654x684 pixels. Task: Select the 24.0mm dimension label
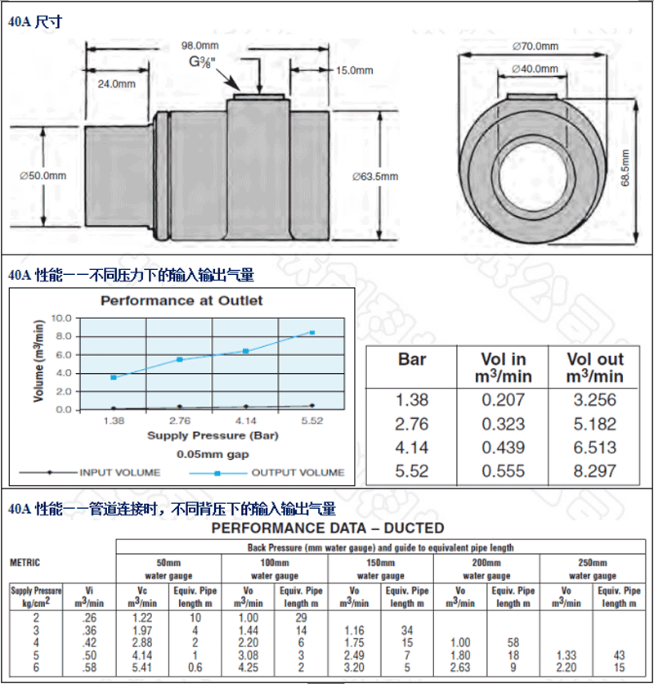click(117, 83)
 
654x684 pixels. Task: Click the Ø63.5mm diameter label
click(374, 176)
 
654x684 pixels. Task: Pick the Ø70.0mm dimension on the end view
click(535, 46)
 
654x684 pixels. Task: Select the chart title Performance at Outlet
click(181, 300)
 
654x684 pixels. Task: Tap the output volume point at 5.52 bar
click(311, 332)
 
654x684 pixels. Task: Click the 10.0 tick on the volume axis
click(61, 317)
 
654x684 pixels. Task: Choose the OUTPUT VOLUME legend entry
click(297, 472)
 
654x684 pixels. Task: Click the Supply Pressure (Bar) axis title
click(213, 435)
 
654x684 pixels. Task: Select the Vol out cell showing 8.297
click(595, 470)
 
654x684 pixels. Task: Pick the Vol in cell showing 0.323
click(503, 424)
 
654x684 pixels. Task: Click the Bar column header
click(411, 359)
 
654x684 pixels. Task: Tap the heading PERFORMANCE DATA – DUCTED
click(327, 528)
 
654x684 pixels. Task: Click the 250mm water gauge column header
click(593, 569)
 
